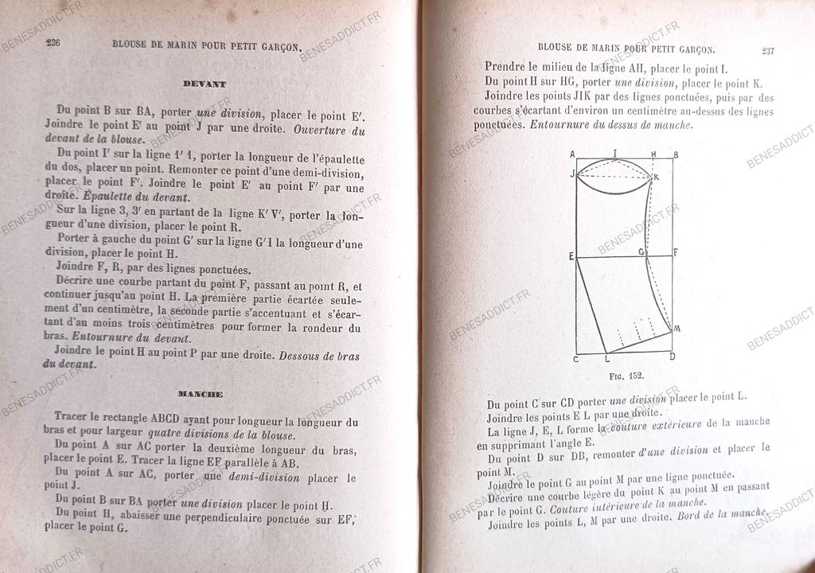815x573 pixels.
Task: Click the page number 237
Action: [767, 51]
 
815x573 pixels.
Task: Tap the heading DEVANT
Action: [204, 84]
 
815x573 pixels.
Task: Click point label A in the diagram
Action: [573, 154]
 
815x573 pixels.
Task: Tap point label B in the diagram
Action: [675, 154]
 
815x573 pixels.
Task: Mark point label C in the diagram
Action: [575, 359]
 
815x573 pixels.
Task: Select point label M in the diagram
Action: [677, 328]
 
